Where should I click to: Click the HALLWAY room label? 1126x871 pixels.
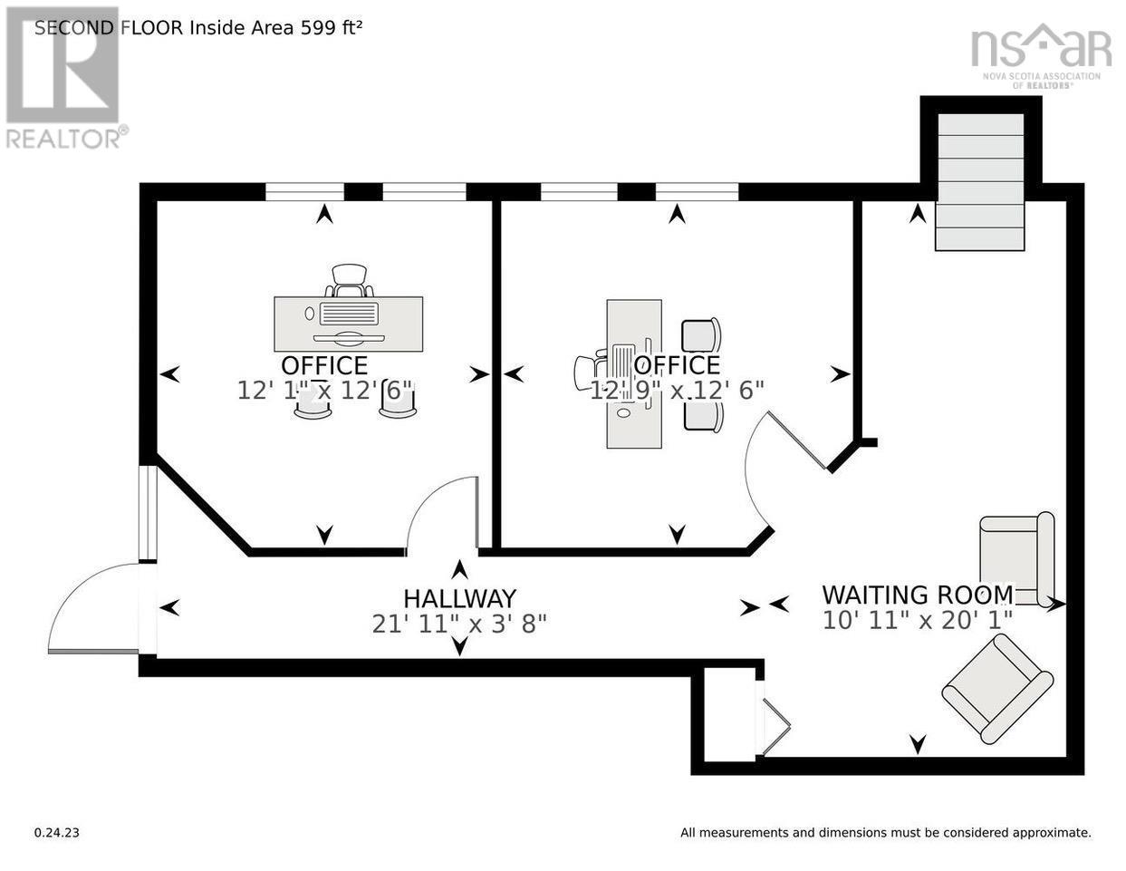(459, 599)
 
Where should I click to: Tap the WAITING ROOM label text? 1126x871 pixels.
(918, 595)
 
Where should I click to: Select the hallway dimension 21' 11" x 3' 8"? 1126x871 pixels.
(459, 624)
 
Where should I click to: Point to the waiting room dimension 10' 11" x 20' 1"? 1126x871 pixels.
(918, 620)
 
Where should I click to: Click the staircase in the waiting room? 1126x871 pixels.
(980, 182)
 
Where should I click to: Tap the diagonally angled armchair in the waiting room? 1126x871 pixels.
(997, 689)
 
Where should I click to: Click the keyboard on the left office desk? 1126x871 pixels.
(349, 315)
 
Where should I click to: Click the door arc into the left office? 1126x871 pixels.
(442, 514)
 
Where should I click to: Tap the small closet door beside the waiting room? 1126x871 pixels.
(775, 726)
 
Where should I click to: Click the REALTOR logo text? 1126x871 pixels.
(67, 139)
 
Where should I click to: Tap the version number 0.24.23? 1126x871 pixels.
(57, 833)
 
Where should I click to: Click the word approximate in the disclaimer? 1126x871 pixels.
(1052, 833)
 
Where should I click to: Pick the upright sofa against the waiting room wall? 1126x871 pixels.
(1016, 559)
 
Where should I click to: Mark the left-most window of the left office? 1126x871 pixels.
(304, 192)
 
